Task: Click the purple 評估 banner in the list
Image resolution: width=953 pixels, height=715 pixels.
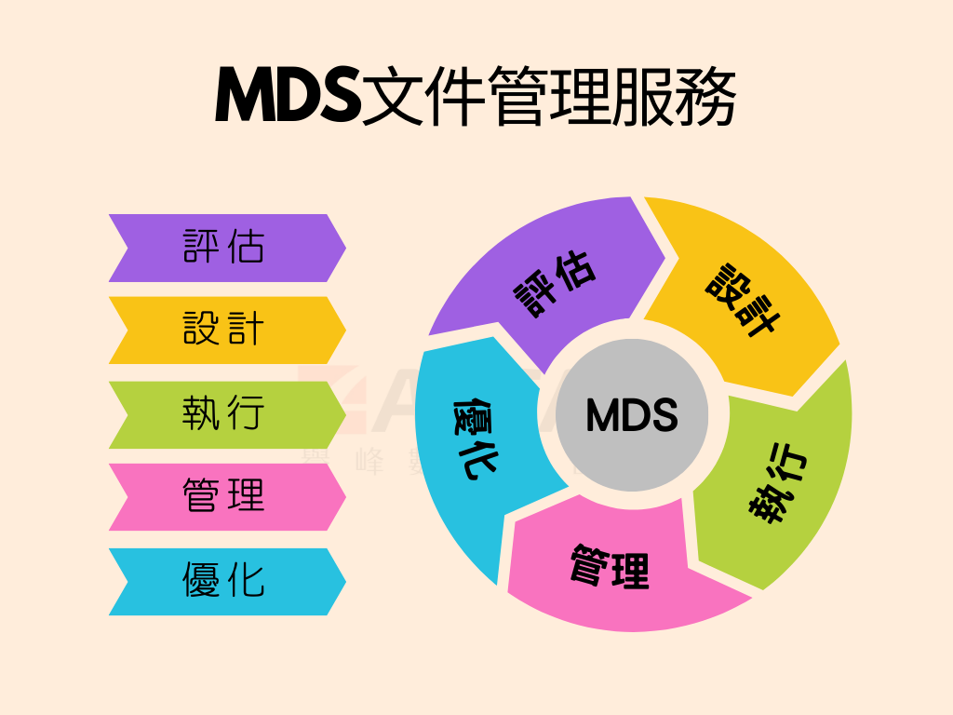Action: point(227,248)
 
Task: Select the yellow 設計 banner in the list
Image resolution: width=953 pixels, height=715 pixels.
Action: point(227,330)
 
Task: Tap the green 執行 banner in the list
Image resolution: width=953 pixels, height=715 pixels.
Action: point(227,414)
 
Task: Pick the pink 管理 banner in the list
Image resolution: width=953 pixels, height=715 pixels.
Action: point(227,497)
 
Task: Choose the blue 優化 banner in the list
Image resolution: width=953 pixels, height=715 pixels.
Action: point(227,581)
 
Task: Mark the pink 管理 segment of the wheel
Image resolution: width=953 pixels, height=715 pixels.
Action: point(611,568)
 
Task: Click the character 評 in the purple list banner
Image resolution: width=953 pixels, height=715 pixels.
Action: point(200,248)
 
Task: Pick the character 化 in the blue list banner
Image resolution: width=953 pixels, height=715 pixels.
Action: point(248,581)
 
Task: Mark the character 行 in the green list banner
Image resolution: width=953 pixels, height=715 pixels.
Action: point(248,414)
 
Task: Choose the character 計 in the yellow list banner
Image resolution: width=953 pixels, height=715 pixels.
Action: point(248,330)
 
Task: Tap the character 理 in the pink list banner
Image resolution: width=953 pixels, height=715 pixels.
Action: point(248,497)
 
